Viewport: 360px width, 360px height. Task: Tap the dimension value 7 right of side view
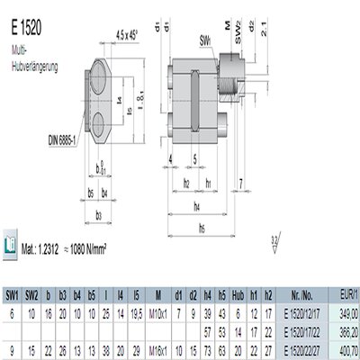pos(243,184)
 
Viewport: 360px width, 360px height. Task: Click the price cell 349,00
pos(348,312)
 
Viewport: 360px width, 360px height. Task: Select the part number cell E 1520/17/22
pos(302,330)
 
